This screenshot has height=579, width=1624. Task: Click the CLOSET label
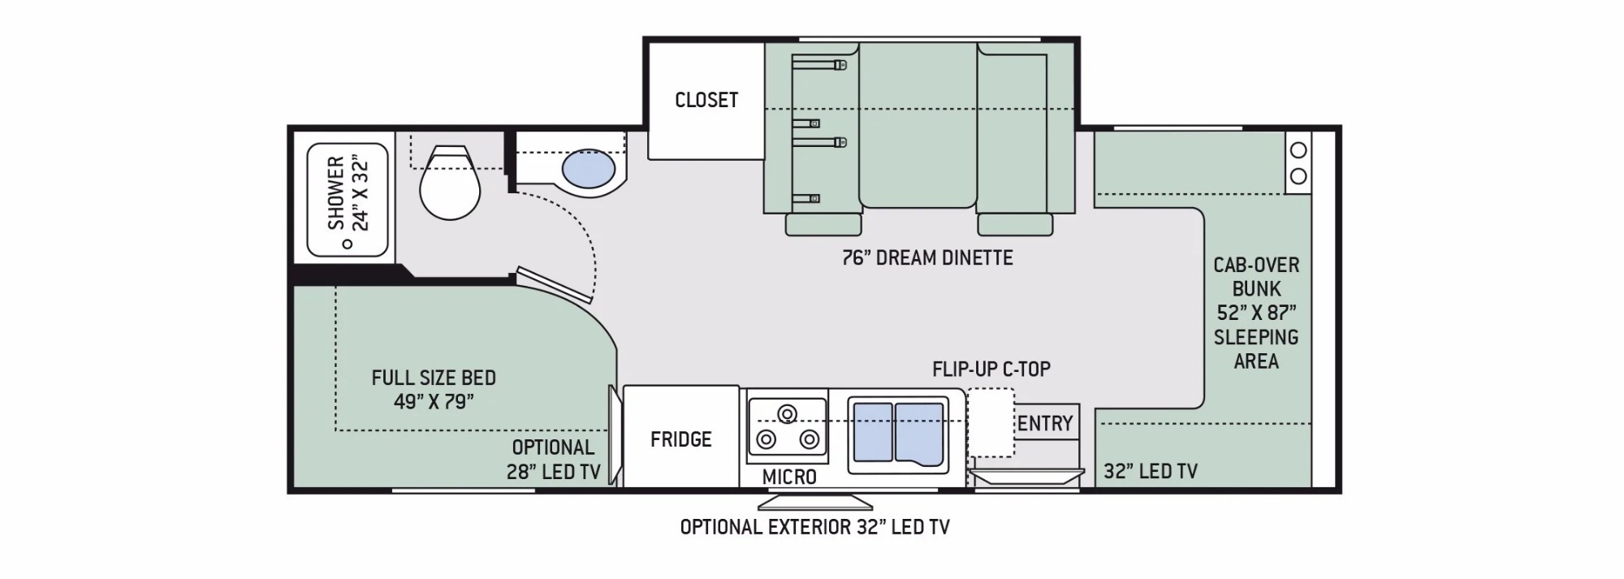[x=706, y=100]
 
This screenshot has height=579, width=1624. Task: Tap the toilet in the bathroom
[x=450, y=183]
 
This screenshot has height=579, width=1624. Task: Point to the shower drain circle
[x=347, y=244]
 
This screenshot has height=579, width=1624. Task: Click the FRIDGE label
[x=680, y=439]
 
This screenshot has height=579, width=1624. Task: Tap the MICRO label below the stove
[x=788, y=477]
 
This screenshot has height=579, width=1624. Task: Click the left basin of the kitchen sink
[x=873, y=433]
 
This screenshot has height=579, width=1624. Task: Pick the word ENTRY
[x=1045, y=423]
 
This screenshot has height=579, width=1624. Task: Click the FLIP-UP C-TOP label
[x=991, y=369]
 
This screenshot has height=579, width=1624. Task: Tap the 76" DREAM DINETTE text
[x=927, y=257]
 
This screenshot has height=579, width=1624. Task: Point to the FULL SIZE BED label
[x=434, y=378]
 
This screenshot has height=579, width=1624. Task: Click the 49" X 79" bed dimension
[x=434, y=402]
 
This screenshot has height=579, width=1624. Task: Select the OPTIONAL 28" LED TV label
[x=554, y=459]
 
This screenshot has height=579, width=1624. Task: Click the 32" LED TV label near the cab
[x=1151, y=471]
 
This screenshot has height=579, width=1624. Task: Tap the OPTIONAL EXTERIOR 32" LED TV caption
[x=814, y=527]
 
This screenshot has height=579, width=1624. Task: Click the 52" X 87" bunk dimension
[x=1256, y=313]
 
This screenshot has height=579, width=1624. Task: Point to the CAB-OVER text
[x=1256, y=265]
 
